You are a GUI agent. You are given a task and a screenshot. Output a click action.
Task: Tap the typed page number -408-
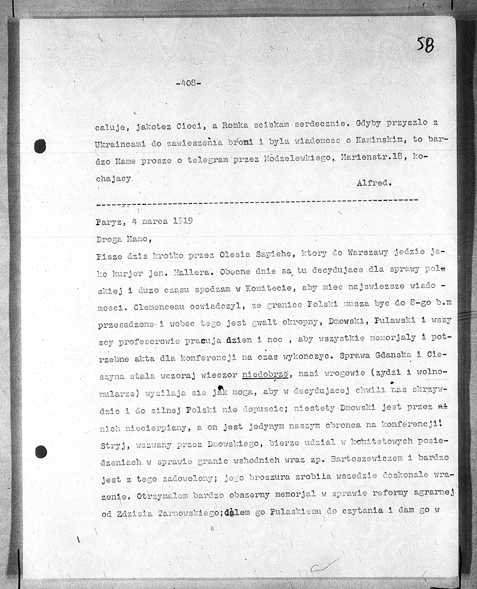click(x=188, y=83)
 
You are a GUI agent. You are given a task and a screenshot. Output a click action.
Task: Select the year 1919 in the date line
click(x=183, y=221)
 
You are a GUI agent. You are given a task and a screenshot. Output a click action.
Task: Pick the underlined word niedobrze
click(x=265, y=374)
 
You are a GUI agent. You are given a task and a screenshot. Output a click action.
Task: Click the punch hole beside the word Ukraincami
click(x=40, y=146)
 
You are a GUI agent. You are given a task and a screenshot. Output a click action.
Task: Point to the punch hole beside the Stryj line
click(x=41, y=451)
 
